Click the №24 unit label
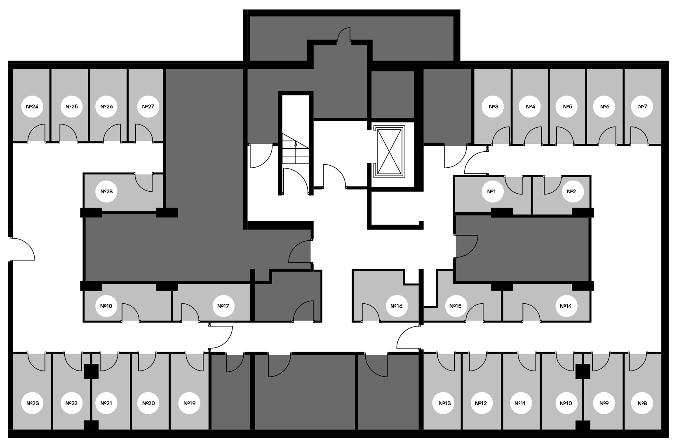(x=32, y=107)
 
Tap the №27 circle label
(x=148, y=107)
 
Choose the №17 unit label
(x=223, y=306)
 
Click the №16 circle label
(x=397, y=306)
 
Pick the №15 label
(x=455, y=306)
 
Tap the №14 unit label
(x=566, y=306)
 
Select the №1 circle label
(x=491, y=192)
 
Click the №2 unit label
(x=571, y=192)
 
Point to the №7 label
(x=642, y=107)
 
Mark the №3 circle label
(x=493, y=107)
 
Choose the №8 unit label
(x=642, y=403)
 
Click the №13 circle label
(x=444, y=403)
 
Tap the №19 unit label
(x=189, y=403)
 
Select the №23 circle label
(x=32, y=403)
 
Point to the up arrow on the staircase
(x=296, y=144)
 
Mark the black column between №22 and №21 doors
(x=91, y=371)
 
